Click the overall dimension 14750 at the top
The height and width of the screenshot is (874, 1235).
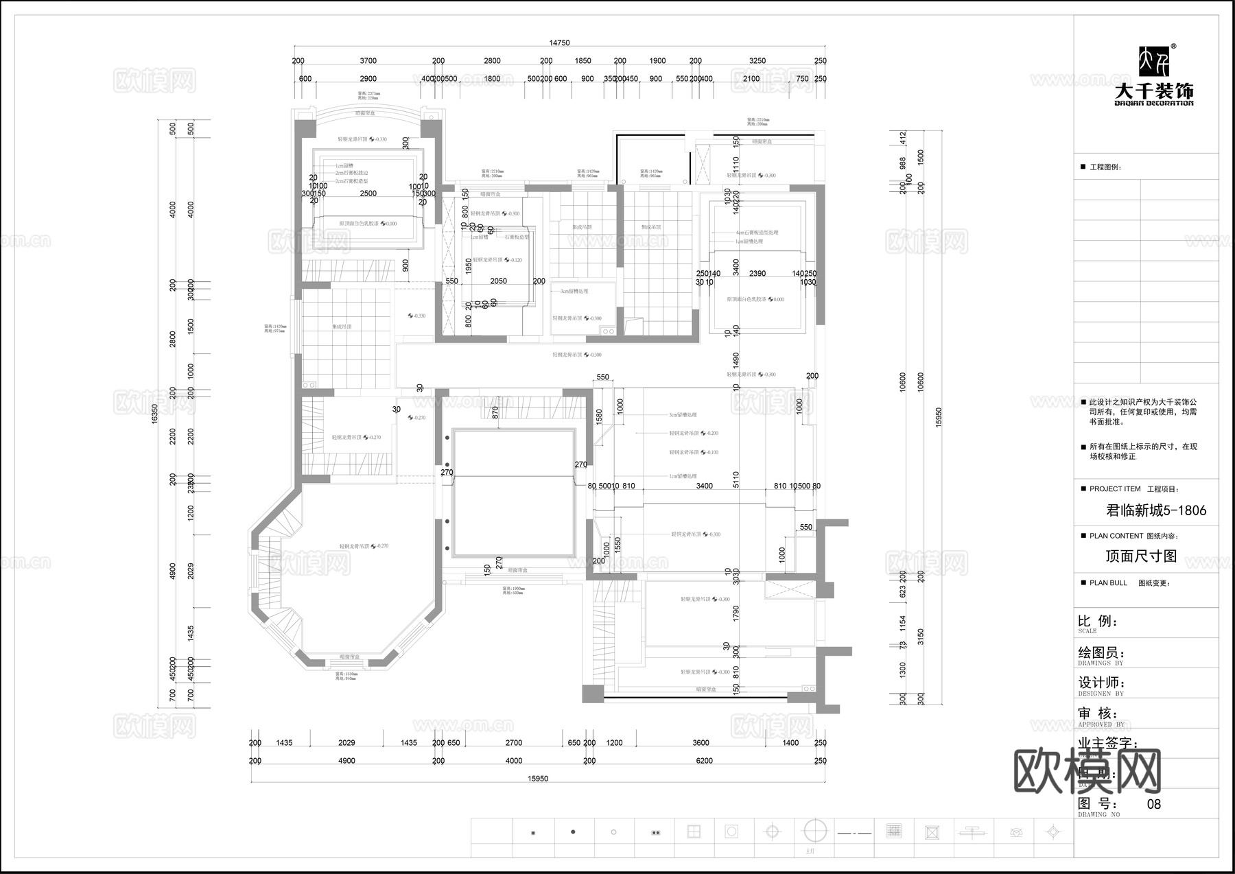point(559,43)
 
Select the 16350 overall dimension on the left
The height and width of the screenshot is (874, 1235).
point(154,413)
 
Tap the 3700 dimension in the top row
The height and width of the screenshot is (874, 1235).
point(368,61)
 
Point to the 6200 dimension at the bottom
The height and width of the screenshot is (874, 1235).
point(704,761)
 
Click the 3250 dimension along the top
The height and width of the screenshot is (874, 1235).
point(757,61)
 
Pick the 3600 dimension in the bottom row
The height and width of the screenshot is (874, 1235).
point(701,743)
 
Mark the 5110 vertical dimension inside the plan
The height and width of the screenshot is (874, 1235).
point(736,478)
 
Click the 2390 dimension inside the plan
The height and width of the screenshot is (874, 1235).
point(757,274)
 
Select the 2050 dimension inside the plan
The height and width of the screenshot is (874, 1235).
point(499,281)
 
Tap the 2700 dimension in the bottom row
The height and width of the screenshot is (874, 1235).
point(514,743)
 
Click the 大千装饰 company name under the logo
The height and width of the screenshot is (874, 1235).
point(1154,91)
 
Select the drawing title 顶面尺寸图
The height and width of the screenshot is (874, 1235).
point(1141,556)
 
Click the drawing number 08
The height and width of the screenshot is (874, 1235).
point(1154,804)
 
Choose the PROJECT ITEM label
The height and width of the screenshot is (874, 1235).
point(1115,489)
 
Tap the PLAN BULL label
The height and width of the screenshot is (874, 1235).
point(1108,583)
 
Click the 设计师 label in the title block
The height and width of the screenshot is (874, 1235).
point(1101,683)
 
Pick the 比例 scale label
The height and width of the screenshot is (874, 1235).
point(1098,622)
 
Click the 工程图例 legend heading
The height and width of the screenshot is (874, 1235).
point(1105,167)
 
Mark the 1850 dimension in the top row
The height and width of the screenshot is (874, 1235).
point(583,61)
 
